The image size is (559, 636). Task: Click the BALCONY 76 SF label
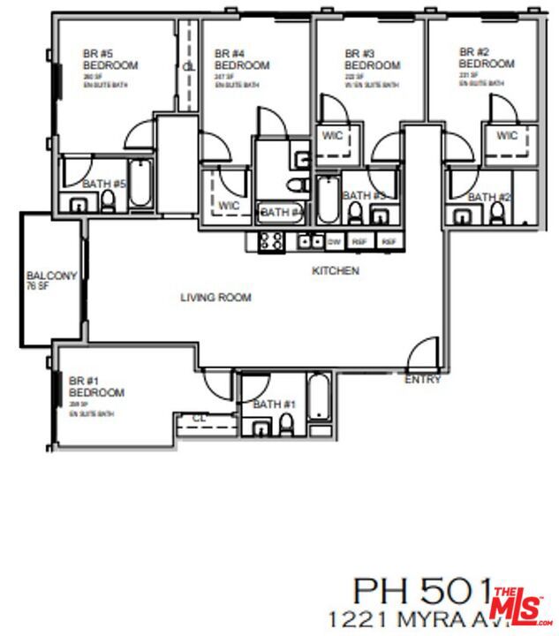(x=51, y=280)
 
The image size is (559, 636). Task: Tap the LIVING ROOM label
(x=215, y=298)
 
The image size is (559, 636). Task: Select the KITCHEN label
(x=336, y=271)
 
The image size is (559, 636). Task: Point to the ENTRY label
(x=422, y=380)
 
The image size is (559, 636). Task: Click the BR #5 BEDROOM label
(x=110, y=59)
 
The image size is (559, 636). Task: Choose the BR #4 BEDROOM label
(x=241, y=59)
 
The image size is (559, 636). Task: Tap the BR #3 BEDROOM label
(x=372, y=59)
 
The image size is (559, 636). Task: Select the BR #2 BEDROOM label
(x=486, y=57)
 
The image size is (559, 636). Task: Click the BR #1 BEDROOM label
(x=96, y=386)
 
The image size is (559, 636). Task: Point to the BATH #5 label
(x=104, y=184)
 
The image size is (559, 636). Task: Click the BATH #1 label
(x=274, y=405)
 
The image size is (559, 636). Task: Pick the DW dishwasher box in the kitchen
(x=334, y=241)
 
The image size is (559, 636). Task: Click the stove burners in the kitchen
(x=270, y=240)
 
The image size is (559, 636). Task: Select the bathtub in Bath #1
(x=319, y=402)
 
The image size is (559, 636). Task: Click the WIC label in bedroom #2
(x=507, y=136)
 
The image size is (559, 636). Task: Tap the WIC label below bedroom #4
(x=229, y=206)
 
